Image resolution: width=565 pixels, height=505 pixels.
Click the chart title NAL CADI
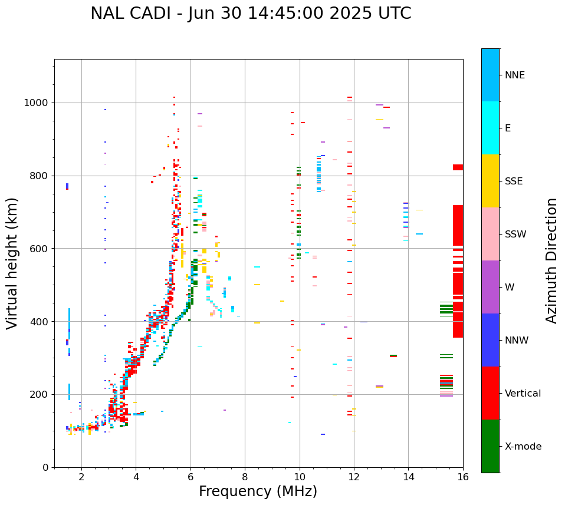point(251,14)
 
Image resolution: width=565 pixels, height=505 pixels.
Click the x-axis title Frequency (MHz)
point(258,491)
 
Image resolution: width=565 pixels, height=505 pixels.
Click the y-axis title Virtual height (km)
point(12,263)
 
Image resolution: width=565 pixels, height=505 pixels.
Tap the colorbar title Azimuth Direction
point(551,260)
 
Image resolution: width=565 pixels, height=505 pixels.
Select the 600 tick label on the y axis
point(41,249)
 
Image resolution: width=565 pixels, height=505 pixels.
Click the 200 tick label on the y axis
point(41,394)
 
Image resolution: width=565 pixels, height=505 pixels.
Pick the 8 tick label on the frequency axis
point(245,477)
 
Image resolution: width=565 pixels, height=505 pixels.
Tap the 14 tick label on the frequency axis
point(408,477)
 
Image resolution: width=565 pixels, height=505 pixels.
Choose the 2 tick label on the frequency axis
point(81,477)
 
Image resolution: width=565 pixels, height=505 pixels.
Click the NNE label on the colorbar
point(514,75)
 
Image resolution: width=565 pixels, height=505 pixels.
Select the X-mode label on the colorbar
point(523,447)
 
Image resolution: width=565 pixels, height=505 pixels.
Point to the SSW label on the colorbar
point(515,235)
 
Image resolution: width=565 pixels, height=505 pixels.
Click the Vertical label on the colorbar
point(523,394)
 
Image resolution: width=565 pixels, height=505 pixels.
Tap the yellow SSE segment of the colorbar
point(490,181)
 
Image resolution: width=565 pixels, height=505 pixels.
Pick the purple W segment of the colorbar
point(490,287)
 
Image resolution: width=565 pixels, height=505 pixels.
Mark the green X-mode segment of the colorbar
point(490,446)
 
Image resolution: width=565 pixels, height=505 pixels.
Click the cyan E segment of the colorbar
point(490,128)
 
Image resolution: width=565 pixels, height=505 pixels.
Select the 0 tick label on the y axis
point(47,467)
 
